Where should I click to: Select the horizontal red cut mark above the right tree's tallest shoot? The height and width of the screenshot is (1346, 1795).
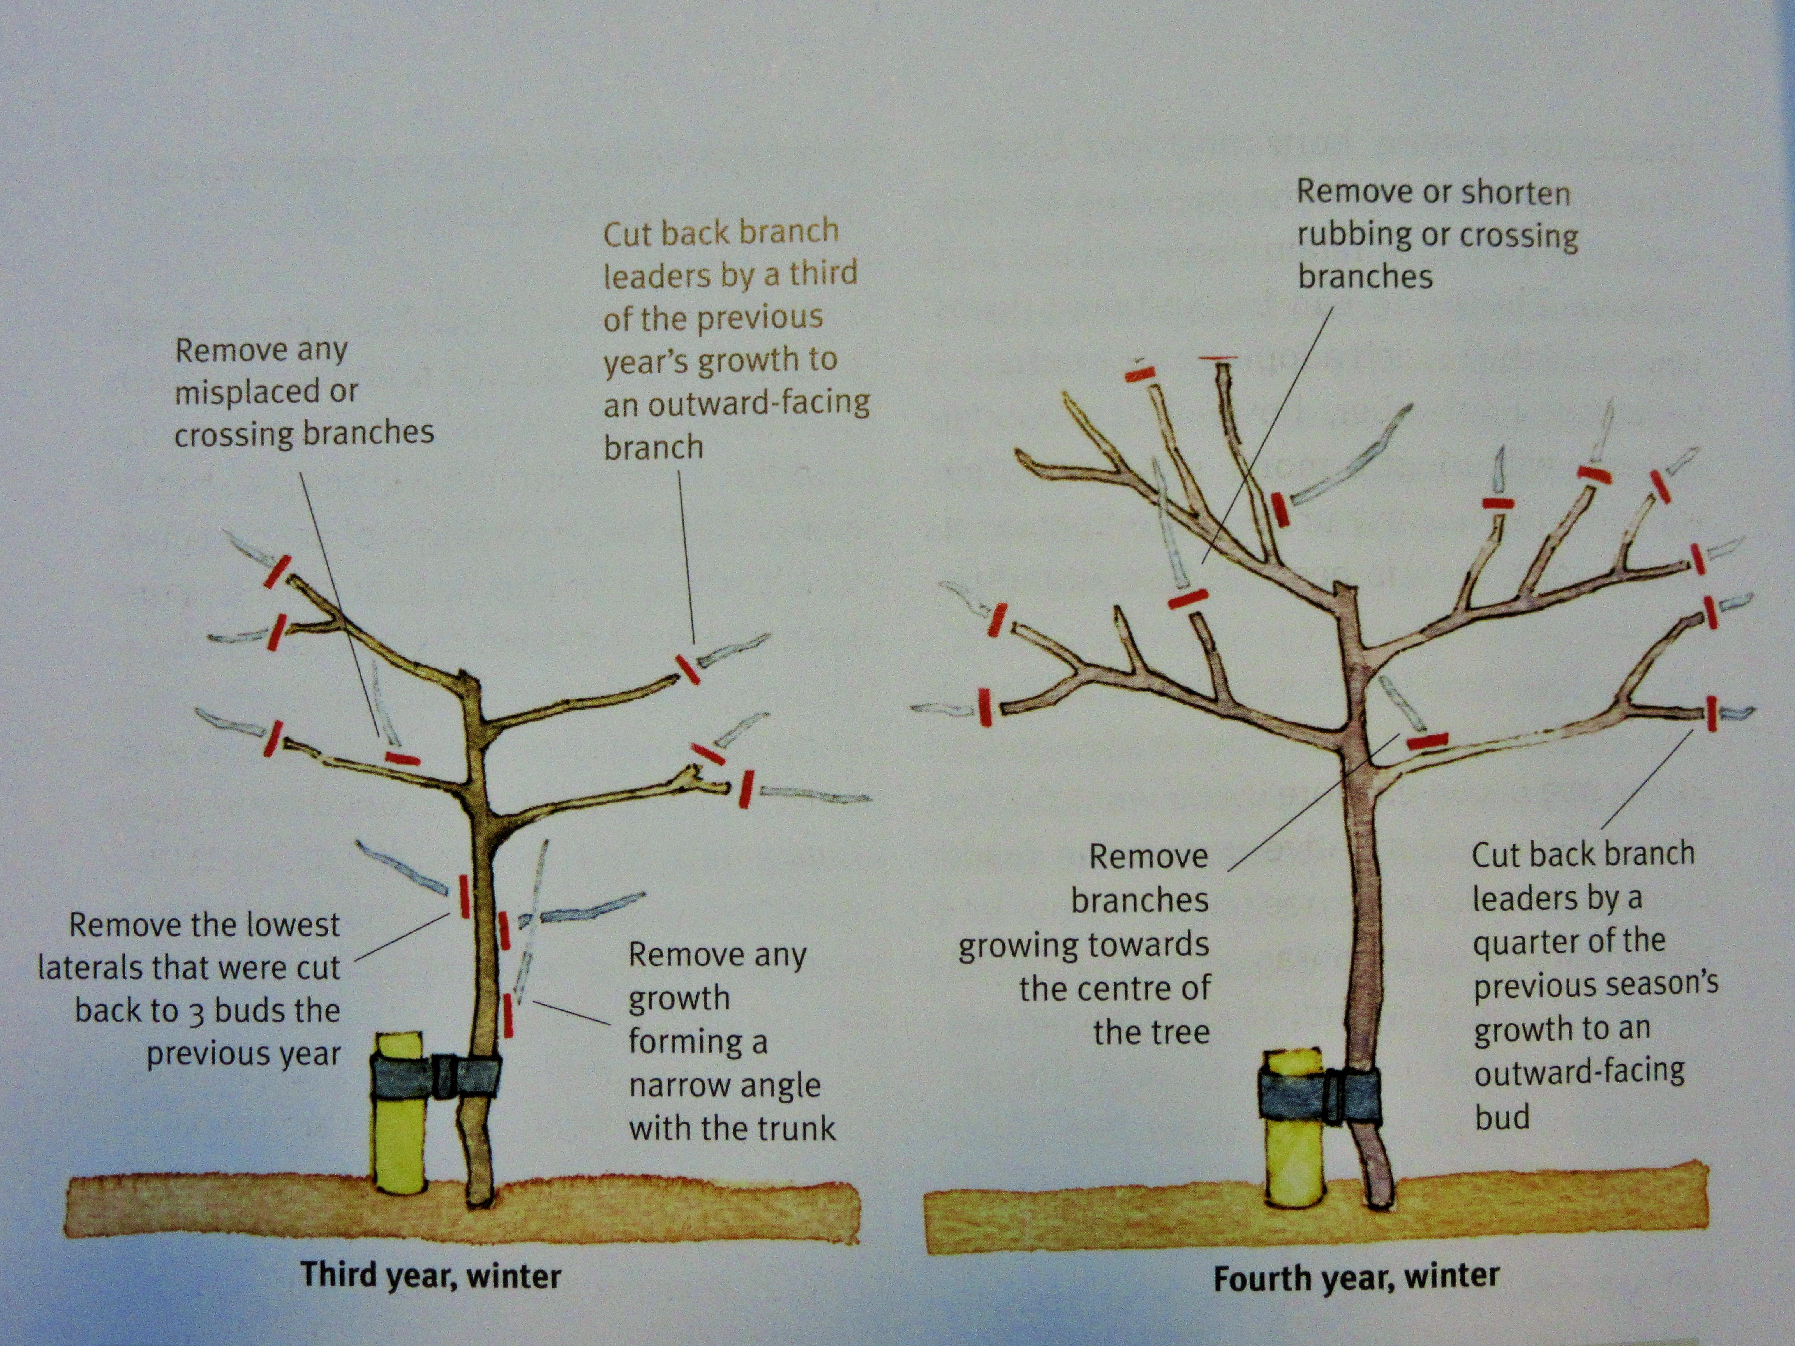(x=1220, y=358)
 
